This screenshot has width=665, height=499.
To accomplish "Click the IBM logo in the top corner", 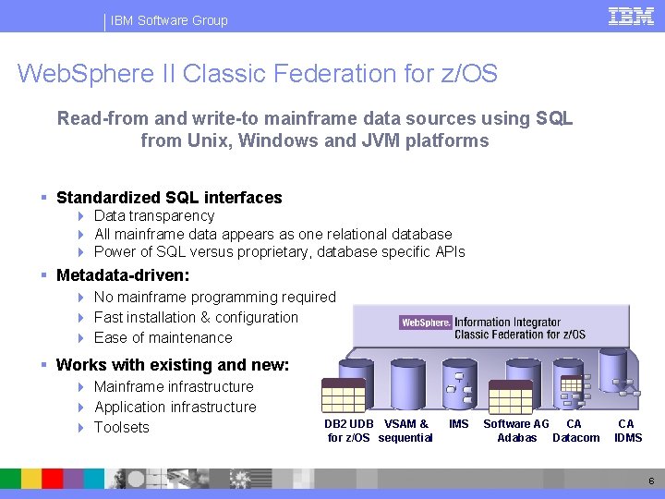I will [632, 16].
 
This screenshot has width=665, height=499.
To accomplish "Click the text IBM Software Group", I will [169, 20].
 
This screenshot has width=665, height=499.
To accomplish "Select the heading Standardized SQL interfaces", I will [169, 198].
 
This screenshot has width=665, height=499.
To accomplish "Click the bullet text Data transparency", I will [154, 216].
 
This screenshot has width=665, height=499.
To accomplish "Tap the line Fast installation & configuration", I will [196, 318].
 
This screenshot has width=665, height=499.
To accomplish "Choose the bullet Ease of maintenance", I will [163, 338].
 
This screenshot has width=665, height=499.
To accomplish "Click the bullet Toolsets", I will [121, 428].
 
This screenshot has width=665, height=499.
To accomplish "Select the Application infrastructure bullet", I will [175, 408].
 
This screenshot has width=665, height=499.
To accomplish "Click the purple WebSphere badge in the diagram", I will [426, 323].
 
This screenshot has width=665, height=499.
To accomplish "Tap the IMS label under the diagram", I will [458, 424].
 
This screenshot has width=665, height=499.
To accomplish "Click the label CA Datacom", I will [575, 431].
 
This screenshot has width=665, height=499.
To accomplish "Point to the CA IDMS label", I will [627, 431].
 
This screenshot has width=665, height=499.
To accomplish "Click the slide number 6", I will [650, 481].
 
